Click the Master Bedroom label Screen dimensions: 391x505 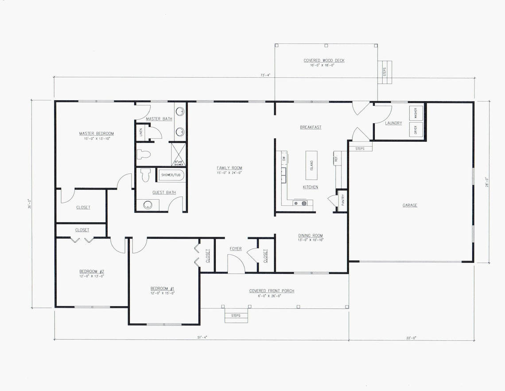(97, 134)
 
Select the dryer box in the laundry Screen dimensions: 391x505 (416, 130)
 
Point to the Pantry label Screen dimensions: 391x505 (342, 201)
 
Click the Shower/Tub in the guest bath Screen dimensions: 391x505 (171, 175)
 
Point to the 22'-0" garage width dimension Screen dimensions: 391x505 (411, 338)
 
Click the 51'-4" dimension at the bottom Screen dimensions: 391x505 (202, 338)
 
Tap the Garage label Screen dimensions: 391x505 (410, 205)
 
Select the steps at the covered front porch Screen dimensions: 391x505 (236, 316)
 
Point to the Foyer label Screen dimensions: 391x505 (236, 249)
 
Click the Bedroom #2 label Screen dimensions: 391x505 (92, 272)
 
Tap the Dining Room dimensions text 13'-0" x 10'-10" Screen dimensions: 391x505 (311, 240)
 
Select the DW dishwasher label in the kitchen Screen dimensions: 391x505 (284, 158)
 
